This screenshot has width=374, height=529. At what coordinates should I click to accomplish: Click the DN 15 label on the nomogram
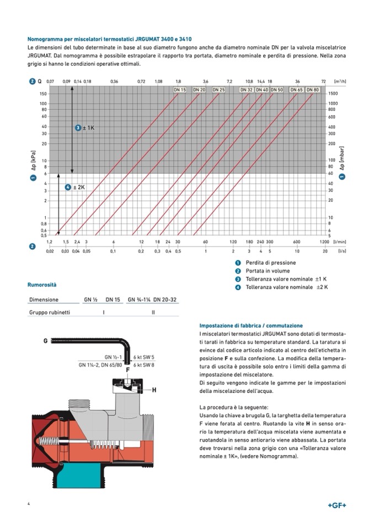tap(180, 89)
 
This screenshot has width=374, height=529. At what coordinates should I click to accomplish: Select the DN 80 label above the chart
tap(312, 89)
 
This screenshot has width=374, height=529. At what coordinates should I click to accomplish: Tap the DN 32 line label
tap(247, 89)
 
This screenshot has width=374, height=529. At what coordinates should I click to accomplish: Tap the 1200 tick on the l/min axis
tap(324, 242)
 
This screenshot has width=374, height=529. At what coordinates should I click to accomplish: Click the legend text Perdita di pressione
tap(270, 263)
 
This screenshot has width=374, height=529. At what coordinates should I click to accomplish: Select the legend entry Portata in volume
tap(268, 271)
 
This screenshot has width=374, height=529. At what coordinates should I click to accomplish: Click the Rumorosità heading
tap(42, 285)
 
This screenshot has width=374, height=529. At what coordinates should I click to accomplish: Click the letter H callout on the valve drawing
tap(154, 390)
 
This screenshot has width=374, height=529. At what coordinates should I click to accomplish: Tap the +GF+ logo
tap(336, 506)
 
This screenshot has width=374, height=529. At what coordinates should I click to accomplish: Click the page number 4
tap(29, 505)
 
